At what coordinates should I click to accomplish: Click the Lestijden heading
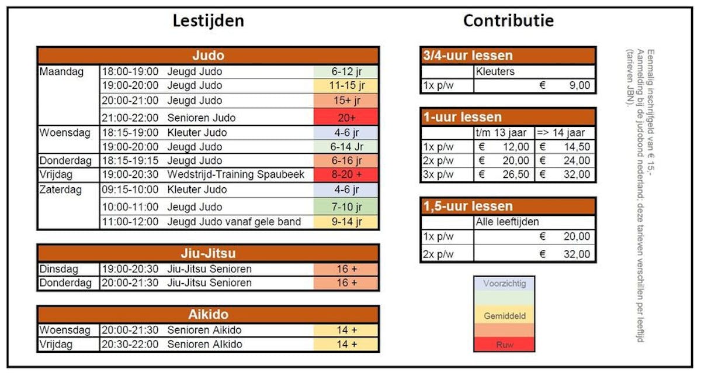tap(208, 21)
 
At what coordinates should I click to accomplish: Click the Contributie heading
tap(508, 21)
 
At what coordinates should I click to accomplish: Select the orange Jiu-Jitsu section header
tap(208, 254)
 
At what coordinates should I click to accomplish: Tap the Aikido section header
tap(208, 314)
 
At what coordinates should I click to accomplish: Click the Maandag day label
tap(61, 72)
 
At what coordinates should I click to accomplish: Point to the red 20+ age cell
tap(346, 118)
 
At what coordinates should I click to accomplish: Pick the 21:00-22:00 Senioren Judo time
tap(130, 118)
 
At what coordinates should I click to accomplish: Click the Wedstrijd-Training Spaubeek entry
tap(235, 175)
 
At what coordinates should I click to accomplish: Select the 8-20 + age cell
tap(346, 175)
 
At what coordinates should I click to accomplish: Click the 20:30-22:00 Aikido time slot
tap(130, 344)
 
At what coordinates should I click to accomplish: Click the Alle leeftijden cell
tap(507, 222)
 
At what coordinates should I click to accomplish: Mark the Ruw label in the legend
tap(504, 345)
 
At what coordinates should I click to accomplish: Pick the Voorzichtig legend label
tap(504, 284)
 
